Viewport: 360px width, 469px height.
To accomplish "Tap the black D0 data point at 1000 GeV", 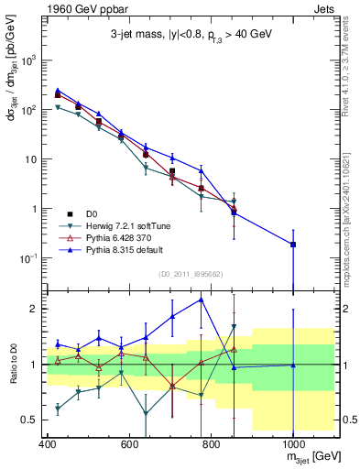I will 292,245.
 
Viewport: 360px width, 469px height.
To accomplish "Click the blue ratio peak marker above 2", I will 201,300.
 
